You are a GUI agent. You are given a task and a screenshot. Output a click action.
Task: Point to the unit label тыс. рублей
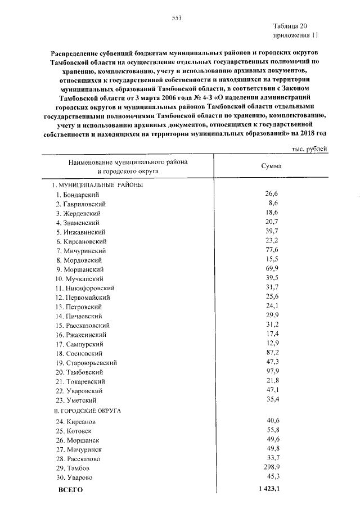[x=308, y=149]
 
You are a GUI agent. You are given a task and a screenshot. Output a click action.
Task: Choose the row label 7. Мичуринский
[x=80, y=251]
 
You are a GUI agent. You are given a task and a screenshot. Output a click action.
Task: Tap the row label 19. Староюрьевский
[x=86, y=363]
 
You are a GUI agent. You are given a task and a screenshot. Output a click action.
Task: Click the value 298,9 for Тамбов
[x=271, y=468]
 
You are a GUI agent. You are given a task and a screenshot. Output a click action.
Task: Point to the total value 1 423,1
[x=267, y=489]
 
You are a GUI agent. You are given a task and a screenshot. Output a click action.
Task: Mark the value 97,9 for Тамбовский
[x=272, y=372]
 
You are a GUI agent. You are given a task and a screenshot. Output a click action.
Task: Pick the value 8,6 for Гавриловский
[x=273, y=203]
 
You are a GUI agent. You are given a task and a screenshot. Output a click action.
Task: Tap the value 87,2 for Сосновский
[x=272, y=354]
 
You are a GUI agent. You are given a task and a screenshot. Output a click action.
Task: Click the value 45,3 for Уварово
[x=272, y=477]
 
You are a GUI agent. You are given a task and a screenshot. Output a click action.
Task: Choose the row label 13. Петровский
[x=78, y=307]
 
